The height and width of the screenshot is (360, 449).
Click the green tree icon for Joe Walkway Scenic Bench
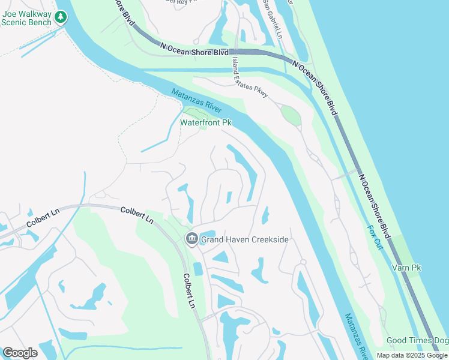tap(60, 17)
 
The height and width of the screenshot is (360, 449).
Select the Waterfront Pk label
tap(206, 123)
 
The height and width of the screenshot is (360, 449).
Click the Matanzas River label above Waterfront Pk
tap(196, 100)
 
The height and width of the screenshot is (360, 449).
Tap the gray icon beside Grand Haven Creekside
tap(191, 239)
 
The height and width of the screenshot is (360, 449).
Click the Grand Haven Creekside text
tap(245, 240)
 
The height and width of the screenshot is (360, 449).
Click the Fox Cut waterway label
tap(375, 238)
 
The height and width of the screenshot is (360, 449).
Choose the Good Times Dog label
tap(417, 341)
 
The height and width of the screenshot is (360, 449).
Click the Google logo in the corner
tap(20, 353)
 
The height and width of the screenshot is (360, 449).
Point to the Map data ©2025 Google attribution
tap(412, 355)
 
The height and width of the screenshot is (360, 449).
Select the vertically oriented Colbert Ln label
tap(189, 292)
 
